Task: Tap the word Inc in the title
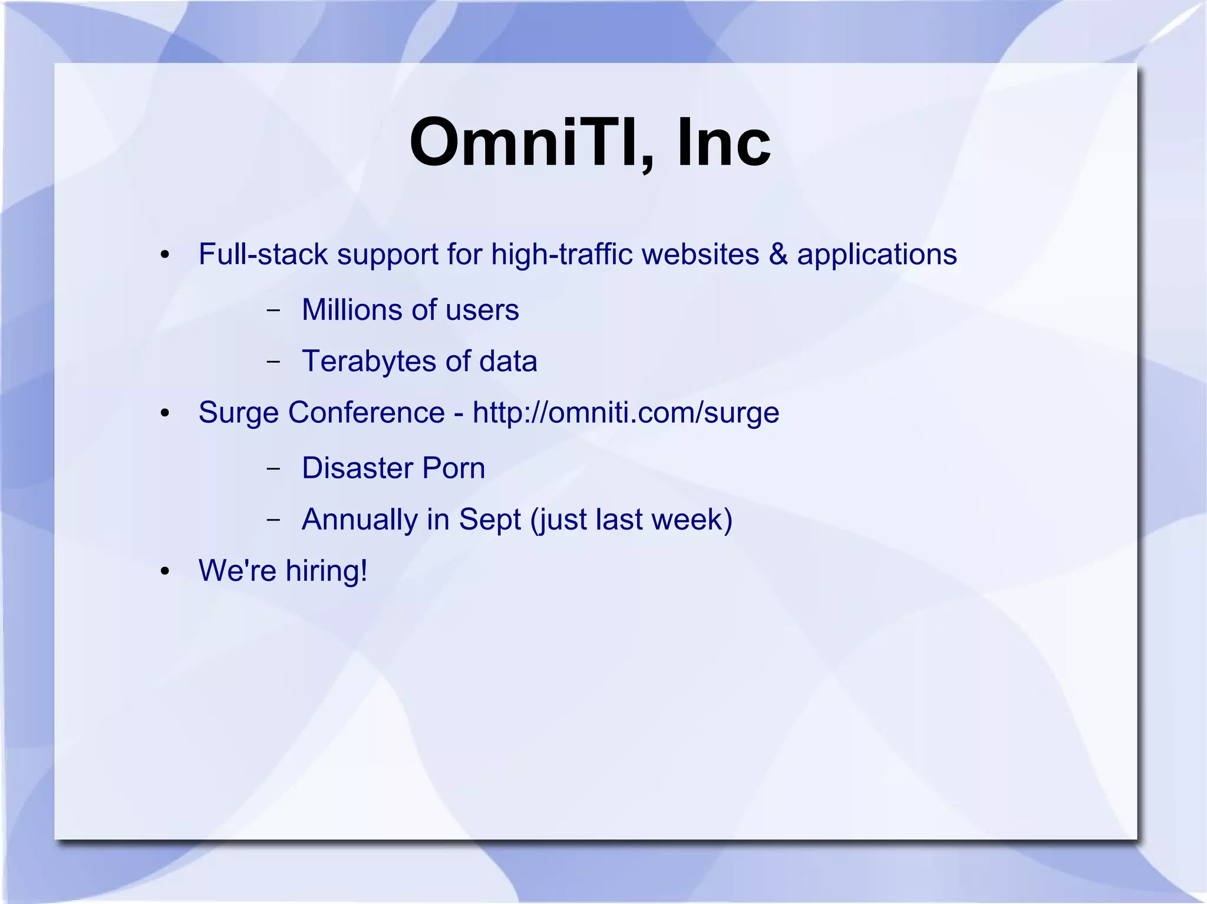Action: pos(724,142)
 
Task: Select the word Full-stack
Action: pos(263,254)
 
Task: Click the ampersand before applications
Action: pos(778,254)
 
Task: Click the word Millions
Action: pos(361,310)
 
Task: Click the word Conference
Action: pos(366,412)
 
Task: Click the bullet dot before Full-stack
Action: pos(165,256)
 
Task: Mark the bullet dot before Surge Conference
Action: pos(165,413)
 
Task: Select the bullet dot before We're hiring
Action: pos(165,571)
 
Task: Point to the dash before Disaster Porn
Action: pos(273,469)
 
